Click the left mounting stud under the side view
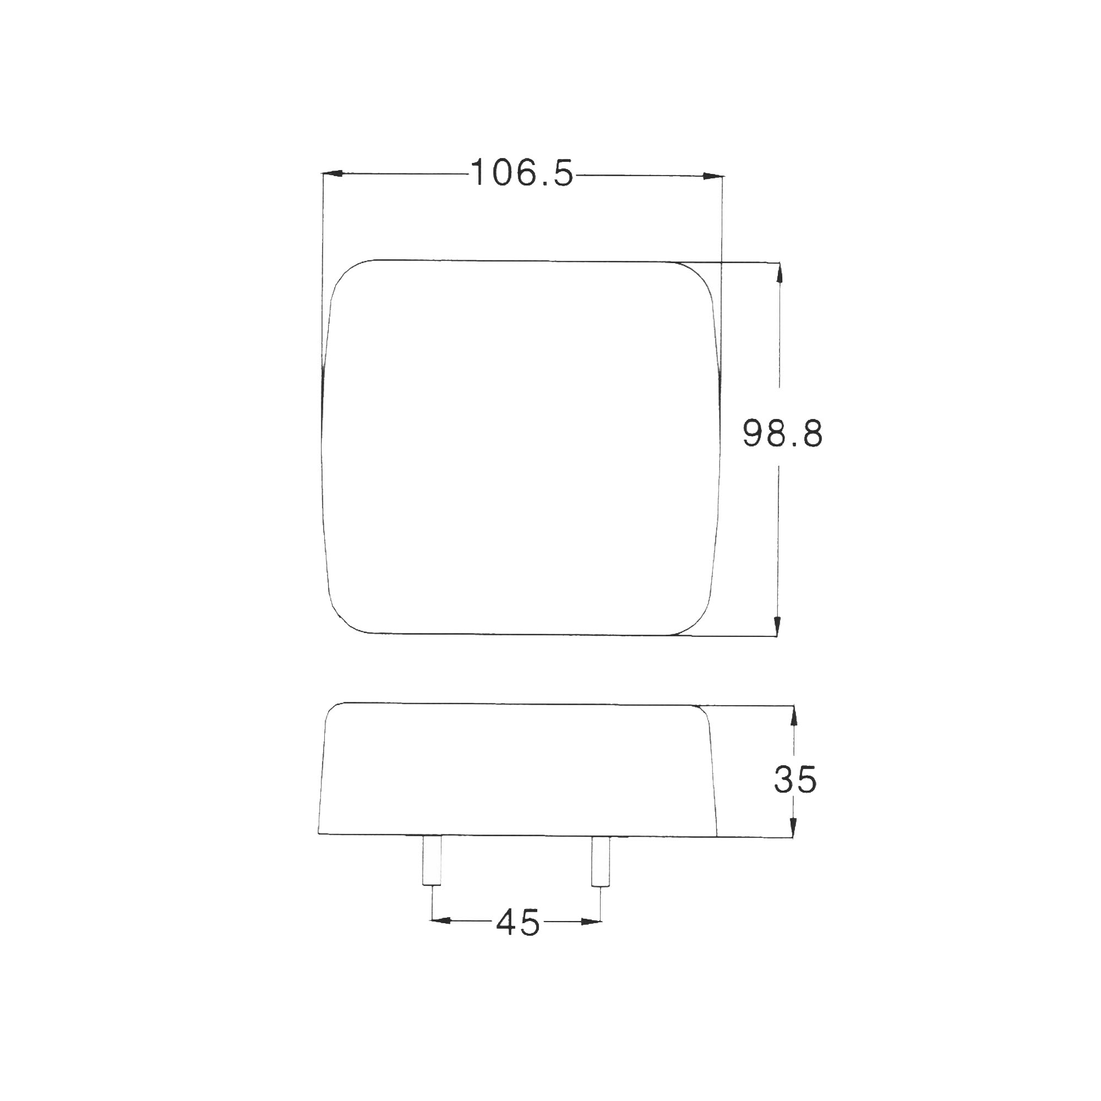pyautogui.click(x=432, y=860)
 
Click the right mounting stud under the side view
pyautogui.click(x=601, y=861)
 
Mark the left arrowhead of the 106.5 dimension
pyautogui.click(x=333, y=173)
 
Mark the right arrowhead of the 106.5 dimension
pyautogui.click(x=712, y=176)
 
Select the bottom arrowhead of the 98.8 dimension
pyautogui.click(x=777, y=626)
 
